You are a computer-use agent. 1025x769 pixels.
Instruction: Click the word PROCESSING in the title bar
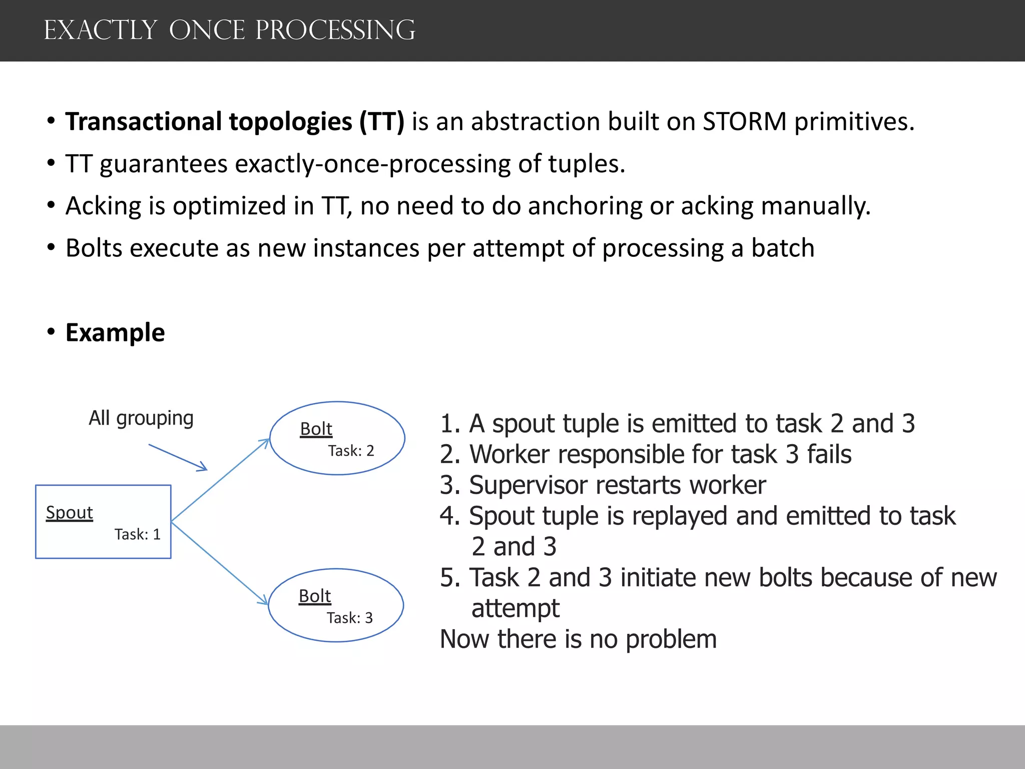[x=335, y=30]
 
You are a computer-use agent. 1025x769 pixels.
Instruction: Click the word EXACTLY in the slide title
[x=100, y=30]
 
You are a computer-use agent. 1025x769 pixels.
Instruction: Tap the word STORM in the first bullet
[x=744, y=122]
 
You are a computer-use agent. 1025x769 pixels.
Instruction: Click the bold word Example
[x=115, y=333]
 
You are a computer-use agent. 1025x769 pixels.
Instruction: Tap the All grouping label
[x=141, y=418]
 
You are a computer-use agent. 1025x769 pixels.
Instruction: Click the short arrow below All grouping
[x=178, y=457]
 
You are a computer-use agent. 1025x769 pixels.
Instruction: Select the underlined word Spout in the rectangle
[x=70, y=513]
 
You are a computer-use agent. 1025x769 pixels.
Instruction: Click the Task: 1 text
[x=137, y=535]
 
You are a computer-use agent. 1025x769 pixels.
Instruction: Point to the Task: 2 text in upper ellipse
[x=351, y=451]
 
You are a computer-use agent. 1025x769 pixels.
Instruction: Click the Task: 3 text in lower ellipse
[x=349, y=618]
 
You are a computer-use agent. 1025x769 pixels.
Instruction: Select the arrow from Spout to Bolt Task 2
[x=220, y=481]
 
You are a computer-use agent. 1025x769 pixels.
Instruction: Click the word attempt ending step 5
[x=515, y=609]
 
